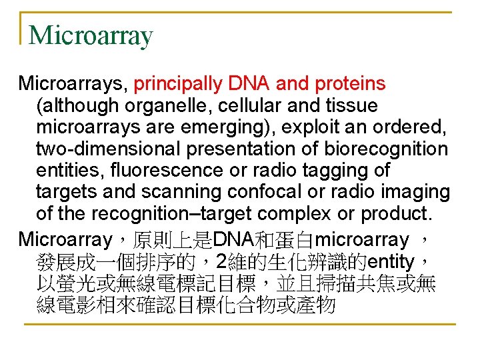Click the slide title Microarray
[91, 35]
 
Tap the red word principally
[179, 84]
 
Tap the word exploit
[297, 127]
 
